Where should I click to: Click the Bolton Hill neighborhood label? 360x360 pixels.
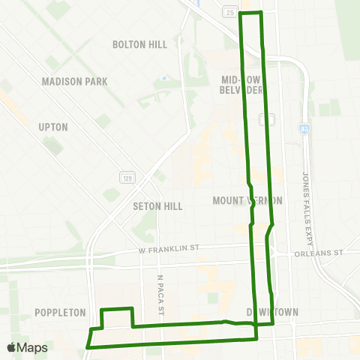tap(139, 44)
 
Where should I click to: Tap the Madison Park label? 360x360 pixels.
tap(75, 81)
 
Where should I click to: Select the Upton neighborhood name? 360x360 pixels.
tap(53, 127)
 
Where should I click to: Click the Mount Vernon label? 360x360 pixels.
tap(247, 200)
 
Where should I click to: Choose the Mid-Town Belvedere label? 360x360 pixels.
tap(241, 84)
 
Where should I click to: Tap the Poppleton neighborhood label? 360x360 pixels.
tap(60, 312)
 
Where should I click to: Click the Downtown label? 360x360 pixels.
tap(273, 312)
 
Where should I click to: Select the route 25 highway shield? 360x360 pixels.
tap(229, 12)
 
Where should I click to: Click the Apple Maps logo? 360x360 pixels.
tap(27, 347)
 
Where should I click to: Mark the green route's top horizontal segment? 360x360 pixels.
tap(250, 13)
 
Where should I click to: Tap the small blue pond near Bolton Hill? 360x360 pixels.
tap(163, 77)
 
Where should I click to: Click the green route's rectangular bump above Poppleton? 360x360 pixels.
tap(117, 309)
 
